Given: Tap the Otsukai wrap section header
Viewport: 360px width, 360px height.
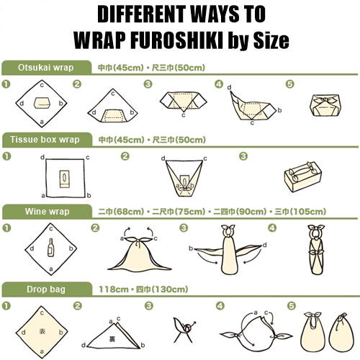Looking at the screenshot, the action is point(45,68).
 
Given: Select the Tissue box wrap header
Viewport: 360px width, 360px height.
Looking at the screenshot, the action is point(45,140).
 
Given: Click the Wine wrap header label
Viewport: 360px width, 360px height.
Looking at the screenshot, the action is point(47,212).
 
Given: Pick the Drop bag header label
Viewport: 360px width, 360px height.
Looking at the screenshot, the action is point(46,289).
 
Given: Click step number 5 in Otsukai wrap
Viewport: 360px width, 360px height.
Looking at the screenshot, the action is point(289,84).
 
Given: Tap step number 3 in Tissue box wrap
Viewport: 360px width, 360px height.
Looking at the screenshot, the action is point(243,156).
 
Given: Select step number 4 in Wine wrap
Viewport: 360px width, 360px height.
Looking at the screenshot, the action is point(272,228).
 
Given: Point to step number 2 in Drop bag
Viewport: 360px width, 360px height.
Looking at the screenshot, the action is point(77,306).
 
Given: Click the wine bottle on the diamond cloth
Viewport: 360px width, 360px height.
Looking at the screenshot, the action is point(50,248).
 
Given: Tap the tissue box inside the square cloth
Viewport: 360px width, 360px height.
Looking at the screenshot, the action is point(64,179).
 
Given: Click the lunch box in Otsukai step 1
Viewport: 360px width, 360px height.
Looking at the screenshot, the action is point(42,103).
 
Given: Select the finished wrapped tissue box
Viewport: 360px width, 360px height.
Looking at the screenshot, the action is point(302,176).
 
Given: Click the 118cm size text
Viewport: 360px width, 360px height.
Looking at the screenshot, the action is point(114,289).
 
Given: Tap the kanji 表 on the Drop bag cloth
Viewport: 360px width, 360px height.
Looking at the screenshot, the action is point(42,331).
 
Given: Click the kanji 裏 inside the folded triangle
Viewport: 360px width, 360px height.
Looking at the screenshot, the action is point(112,339).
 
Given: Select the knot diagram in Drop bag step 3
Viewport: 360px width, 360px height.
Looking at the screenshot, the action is point(184,330).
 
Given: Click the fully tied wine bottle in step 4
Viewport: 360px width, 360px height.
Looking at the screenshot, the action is point(316,250).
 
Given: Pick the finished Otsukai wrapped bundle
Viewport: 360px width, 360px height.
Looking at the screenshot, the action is point(323,105).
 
